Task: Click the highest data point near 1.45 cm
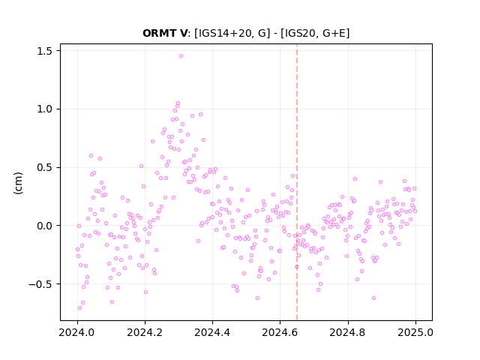pyautogui.click(x=181, y=56)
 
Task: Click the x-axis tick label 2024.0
pyautogui.click(x=77, y=332)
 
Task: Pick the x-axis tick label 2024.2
pyautogui.click(x=145, y=332)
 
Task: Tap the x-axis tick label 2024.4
pyautogui.click(x=212, y=332)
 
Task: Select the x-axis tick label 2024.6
pyautogui.click(x=280, y=332)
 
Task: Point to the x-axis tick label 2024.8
pyautogui.click(x=348, y=332)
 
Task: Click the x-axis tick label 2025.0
pyautogui.click(x=415, y=332)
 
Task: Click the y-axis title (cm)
pyautogui.click(x=18, y=183)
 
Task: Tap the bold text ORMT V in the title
pyautogui.click(x=165, y=33)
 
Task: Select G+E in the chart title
pyautogui.click(x=334, y=33)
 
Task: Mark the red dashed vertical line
pyautogui.click(x=297, y=182)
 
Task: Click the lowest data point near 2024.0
pyautogui.click(x=80, y=308)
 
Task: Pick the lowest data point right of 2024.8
pyautogui.click(x=373, y=298)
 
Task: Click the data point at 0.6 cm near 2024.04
pyautogui.click(x=91, y=156)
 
